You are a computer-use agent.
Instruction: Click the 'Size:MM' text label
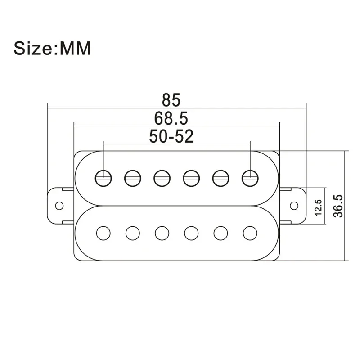coord(52,48)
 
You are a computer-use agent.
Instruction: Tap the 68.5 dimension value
coord(171,118)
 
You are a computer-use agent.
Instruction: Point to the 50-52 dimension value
coord(171,136)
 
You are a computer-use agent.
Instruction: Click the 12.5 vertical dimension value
coord(319,207)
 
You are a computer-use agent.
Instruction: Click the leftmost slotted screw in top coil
coord(103,178)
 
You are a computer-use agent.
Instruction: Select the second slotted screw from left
coord(133,178)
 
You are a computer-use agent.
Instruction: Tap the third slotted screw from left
coord(162,178)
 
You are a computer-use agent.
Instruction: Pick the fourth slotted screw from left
coord(191,178)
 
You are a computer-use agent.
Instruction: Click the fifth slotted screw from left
coord(220,178)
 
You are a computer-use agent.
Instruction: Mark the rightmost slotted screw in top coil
coord(250,178)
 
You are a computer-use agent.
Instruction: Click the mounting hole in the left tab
coord(58,206)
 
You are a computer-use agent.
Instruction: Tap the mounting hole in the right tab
coord(294,206)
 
